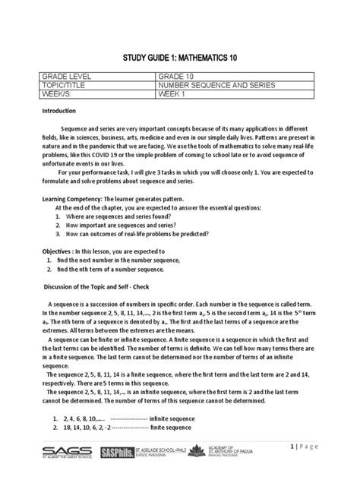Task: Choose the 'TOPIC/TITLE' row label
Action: coord(67,86)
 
